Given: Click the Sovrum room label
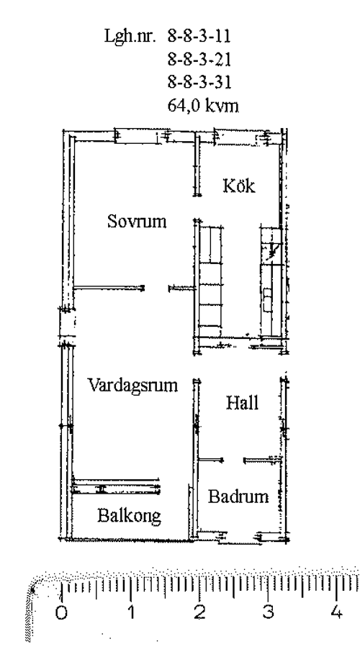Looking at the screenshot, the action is pyautogui.click(x=137, y=221).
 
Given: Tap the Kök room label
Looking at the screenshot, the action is pyautogui.click(x=239, y=185).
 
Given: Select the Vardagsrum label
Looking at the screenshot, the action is pyautogui.click(x=133, y=385).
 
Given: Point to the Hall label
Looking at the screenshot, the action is pyautogui.click(x=242, y=403).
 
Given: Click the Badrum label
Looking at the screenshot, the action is pyautogui.click(x=238, y=497).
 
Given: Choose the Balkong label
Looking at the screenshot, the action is pyautogui.click(x=129, y=515).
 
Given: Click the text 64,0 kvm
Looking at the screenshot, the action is pyautogui.click(x=203, y=106).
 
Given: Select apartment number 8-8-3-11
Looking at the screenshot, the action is pyautogui.click(x=199, y=37).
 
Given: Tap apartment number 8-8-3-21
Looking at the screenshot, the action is pyautogui.click(x=199, y=60).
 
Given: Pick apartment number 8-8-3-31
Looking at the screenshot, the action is pyautogui.click(x=199, y=83).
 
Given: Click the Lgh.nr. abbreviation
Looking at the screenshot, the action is pyautogui.click(x=130, y=37).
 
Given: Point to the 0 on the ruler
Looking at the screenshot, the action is pyautogui.click(x=62, y=613).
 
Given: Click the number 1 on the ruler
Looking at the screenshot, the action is pyautogui.click(x=132, y=613).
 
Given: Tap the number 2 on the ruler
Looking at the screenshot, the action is pyautogui.click(x=200, y=613).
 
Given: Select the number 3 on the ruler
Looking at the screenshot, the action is pyautogui.click(x=269, y=613).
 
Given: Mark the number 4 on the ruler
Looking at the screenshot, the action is pyautogui.click(x=336, y=613).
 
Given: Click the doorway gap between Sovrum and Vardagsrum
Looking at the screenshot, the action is pyautogui.click(x=157, y=289).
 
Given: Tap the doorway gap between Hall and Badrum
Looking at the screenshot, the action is pyautogui.click(x=233, y=461).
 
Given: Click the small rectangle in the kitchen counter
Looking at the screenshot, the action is pyautogui.click(x=267, y=299).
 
